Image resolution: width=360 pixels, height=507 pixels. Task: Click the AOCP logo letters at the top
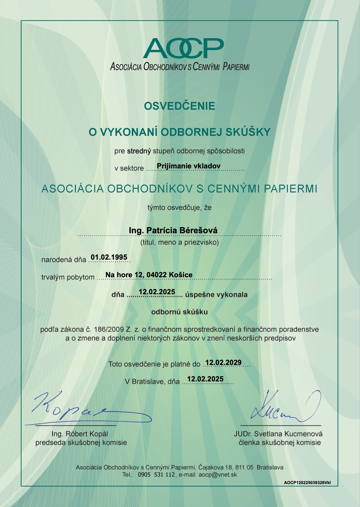click(x=183, y=48)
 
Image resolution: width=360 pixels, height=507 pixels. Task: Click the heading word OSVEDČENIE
click(x=179, y=106)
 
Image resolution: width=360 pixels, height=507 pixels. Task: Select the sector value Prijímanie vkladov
click(x=189, y=166)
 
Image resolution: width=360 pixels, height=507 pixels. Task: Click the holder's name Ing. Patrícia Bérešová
click(x=173, y=230)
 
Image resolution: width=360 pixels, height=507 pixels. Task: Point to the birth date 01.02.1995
click(x=109, y=257)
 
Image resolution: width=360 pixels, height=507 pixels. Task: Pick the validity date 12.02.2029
click(x=223, y=363)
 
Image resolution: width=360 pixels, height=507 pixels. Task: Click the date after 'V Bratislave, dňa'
click(x=205, y=379)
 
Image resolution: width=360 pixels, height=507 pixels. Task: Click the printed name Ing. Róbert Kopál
click(x=80, y=434)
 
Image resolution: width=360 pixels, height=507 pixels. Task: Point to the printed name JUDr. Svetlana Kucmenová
click(x=278, y=434)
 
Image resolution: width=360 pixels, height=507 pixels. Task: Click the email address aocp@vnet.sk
click(x=218, y=474)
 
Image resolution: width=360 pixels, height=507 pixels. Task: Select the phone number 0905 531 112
click(x=156, y=474)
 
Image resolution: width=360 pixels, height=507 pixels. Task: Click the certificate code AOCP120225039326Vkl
click(x=307, y=483)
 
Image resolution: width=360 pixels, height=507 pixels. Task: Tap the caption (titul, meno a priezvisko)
click(x=179, y=243)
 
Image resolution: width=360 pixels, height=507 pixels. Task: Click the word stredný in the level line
click(x=139, y=151)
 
